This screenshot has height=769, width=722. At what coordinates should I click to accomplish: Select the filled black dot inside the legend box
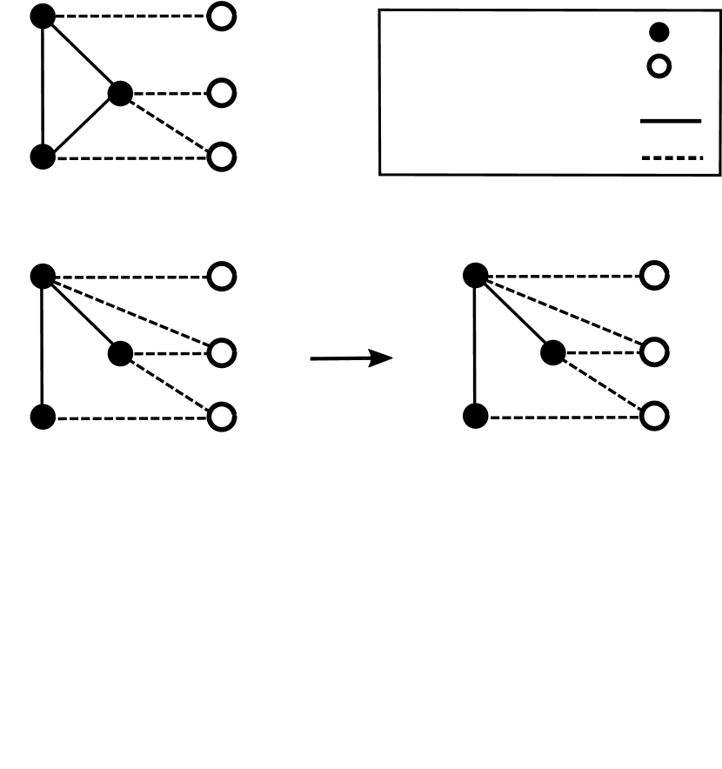(659, 33)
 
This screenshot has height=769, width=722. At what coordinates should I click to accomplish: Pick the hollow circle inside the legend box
(659, 66)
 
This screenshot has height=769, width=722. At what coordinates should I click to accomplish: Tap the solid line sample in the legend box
(671, 122)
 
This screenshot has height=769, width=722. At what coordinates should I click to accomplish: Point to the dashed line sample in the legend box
(671, 158)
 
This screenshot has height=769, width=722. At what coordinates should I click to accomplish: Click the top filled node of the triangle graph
(43, 16)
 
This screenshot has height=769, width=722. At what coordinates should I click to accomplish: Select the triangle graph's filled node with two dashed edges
(120, 91)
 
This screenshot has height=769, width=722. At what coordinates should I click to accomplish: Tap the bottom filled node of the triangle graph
(43, 157)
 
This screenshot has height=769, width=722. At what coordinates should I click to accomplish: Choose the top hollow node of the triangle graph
(222, 17)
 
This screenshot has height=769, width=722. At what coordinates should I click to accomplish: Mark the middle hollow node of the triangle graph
(222, 91)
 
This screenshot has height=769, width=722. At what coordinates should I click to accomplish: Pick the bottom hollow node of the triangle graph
(222, 157)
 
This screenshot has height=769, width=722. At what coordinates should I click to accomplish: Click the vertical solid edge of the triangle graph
(43, 87)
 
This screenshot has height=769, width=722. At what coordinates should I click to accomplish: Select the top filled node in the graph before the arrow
(43, 276)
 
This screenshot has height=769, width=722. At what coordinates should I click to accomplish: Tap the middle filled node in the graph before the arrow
(120, 353)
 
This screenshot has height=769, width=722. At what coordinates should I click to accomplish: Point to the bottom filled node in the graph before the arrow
(43, 417)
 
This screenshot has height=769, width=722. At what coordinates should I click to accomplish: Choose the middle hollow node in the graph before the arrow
(222, 353)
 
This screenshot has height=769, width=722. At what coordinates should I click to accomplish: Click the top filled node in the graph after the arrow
(474, 276)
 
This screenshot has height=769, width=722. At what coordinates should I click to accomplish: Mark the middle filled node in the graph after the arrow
(552, 353)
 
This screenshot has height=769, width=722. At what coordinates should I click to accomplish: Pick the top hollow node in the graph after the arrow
(654, 276)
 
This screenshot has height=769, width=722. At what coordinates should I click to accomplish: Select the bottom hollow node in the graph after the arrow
(654, 417)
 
